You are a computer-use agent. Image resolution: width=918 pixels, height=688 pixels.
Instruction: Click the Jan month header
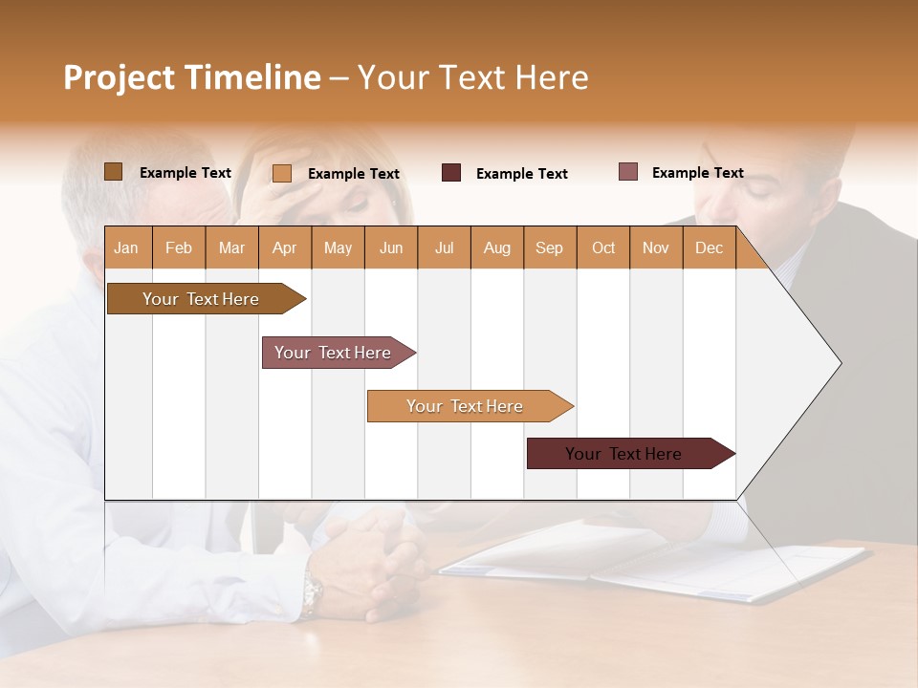[x=126, y=248]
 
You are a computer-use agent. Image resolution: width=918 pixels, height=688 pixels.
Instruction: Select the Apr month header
[x=284, y=248]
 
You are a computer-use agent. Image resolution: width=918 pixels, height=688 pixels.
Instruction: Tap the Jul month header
[x=444, y=248]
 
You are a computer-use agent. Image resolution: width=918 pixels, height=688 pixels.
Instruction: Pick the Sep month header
[x=549, y=248]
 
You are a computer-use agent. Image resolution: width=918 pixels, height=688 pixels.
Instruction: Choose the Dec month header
[x=709, y=248]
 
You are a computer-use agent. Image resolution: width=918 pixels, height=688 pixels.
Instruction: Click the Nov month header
[x=655, y=248]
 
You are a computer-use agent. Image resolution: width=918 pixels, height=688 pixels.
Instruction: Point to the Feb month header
[x=179, y=248]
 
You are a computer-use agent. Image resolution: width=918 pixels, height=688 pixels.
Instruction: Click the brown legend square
[x=113, y=172]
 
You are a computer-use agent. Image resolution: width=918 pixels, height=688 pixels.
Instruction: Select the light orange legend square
[x=281, y=173]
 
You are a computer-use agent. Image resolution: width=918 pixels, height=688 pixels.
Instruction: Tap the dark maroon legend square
[x=450, y=173]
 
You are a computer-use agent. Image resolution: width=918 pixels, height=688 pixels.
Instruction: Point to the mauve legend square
[x=627, y=172]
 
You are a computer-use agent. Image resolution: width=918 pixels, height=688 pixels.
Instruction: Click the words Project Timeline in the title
[x=192, y=77]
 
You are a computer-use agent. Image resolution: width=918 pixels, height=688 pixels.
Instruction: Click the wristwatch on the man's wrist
[x=311, y=595]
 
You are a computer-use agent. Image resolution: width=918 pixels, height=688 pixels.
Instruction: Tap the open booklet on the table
[x=660, y=564]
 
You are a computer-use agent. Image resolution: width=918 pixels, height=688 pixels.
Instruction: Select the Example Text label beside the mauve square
[x=697, y=173]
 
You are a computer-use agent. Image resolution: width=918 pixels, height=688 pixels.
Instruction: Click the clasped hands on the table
[x=373, y=564]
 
